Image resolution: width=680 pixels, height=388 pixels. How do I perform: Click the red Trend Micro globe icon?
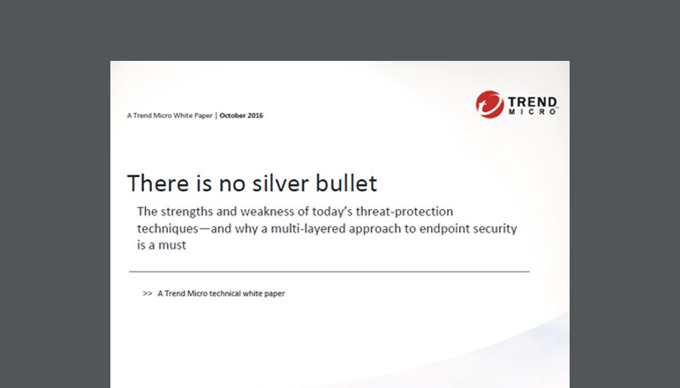click(490, 104)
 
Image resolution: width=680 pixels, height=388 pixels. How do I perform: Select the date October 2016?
click(241, 116)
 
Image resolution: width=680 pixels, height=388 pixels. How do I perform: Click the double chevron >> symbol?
click(147, 294)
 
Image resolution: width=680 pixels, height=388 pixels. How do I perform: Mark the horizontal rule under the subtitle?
click(329, 272)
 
